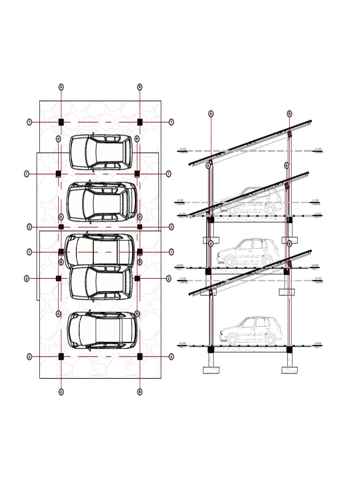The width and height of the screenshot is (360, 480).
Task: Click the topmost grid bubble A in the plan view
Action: pyautogui.click(x=61, y=87)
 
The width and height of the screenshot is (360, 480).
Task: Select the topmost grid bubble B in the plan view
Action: pyautogui.click(x=140, y=87)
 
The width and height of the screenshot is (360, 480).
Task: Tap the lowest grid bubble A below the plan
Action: pyautogui.click(x=61, y=391)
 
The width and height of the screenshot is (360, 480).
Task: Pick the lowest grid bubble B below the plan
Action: pyautogui.click(x=140, y=391)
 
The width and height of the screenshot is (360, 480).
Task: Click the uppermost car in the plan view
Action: pyautogui.click(x=101, y=152)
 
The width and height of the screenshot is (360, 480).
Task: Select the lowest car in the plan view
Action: pyautogui.click(x=103, y=330)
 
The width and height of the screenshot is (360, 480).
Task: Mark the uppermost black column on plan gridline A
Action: pyautogui.click(x=61, y=122)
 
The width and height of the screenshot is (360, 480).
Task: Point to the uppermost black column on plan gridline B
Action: pyautogui.click(x=140, y=122)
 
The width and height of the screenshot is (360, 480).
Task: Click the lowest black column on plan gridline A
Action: pyautogui.click(x=61, y=356)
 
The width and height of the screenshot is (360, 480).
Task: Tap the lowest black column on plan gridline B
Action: pyautogui.click(x=140, y=356)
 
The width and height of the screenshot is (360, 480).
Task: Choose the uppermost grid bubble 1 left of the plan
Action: pyautogui.click(x=30, y=122)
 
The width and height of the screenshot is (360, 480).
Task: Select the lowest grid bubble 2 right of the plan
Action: pyautogui.click(x=172, y=357)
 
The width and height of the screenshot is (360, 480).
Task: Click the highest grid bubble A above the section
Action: pyautogui.click(x=211, y=113)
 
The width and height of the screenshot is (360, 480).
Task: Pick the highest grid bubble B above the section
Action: pyautogui.click(x=289, y=113)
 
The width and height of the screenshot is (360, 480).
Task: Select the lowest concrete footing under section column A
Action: pyautogui.click(x=211, y=370)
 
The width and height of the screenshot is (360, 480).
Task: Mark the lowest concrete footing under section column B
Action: pyautogui.click(x=289, y=370)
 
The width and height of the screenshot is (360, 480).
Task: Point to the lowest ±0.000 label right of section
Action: pyautogui.click(x=318, y=344)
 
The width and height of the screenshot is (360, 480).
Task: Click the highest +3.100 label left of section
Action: pyautogui.click(x=182, y=150)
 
